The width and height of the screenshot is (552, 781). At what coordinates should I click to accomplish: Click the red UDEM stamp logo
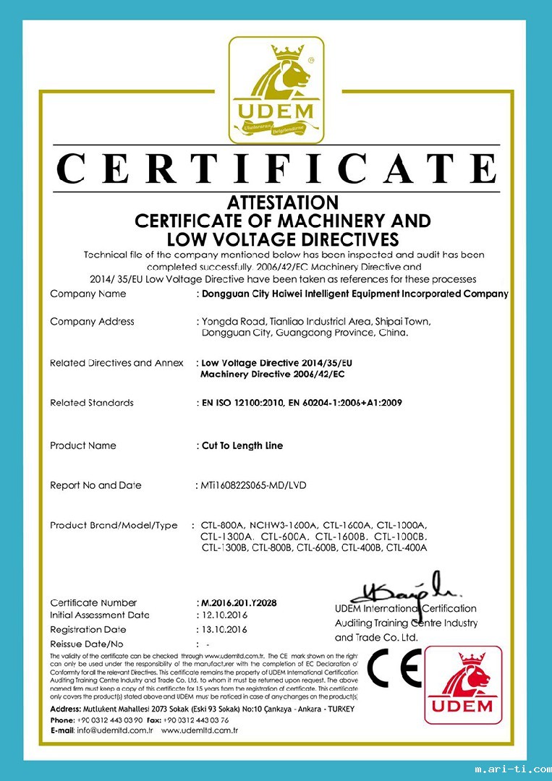click(462, 684)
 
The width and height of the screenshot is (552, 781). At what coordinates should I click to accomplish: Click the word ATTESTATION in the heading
click(282, 202)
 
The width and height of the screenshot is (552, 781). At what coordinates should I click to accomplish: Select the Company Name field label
click(88, 294)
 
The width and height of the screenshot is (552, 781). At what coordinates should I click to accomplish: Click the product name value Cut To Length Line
click(242, 445)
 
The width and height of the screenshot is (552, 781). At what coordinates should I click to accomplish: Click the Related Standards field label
click(91, 403)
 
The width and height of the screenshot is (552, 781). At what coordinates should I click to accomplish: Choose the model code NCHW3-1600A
click(284, 526)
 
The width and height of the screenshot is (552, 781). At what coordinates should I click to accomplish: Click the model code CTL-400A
click(407, 548)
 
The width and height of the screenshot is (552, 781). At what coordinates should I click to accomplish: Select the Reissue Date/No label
click(87, 643)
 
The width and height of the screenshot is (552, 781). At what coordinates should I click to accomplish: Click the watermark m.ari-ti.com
click(511, 769)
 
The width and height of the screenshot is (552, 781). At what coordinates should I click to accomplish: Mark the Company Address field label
click(92, 321)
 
